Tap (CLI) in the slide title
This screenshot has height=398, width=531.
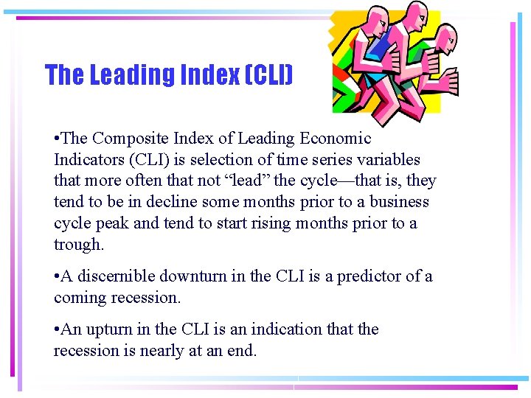[x=268, y=75]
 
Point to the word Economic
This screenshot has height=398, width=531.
[x=335, y=139]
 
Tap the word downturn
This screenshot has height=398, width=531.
[x=197, y=276]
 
